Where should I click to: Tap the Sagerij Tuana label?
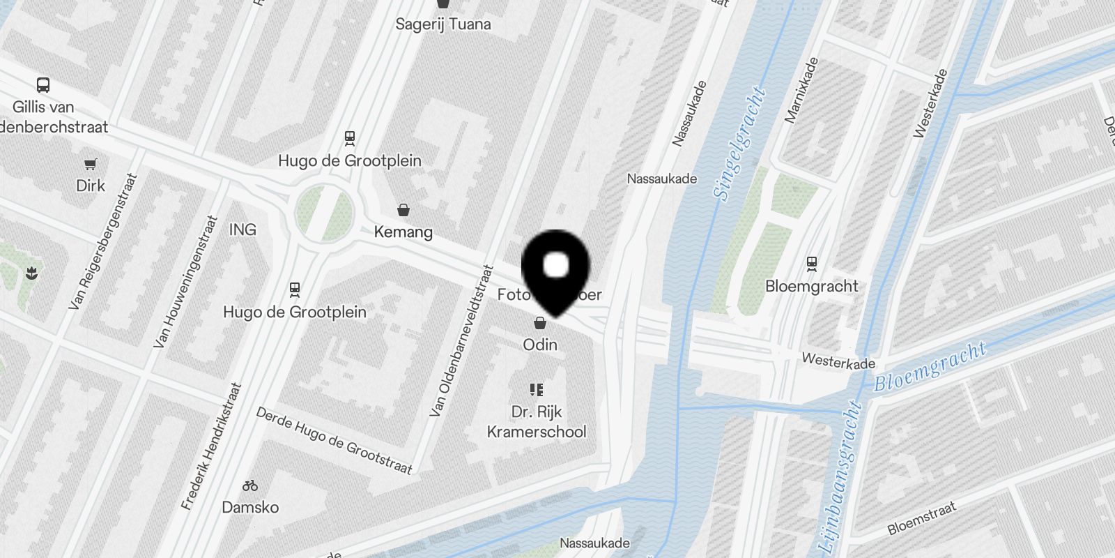click(x=443, y=24)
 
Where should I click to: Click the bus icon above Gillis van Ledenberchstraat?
click(x=43, y=86)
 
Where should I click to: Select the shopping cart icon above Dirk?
click(x=91, y=165)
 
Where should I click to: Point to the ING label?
click(x=243, y=229)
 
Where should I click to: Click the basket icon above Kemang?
click(x=403, y=210)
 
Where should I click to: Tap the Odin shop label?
click(x=540, y=345)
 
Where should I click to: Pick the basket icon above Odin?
click(x=539, y=323)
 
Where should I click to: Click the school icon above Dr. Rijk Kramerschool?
click(x=536, y=389)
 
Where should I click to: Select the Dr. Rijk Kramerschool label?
click(x=537, y=422)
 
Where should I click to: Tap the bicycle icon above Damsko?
click(x=250, y=485)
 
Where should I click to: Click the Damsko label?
click(x=250, y=507)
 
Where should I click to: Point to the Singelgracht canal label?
click(x=740, y=143)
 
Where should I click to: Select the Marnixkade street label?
click(x=802, y=91)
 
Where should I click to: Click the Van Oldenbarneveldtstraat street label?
click(x=461, y=341)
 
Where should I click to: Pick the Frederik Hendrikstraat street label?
click(x=211, y=446)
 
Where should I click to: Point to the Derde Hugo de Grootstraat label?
click(x=334, y=440)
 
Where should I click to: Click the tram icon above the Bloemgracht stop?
click(x=811, y=264)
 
